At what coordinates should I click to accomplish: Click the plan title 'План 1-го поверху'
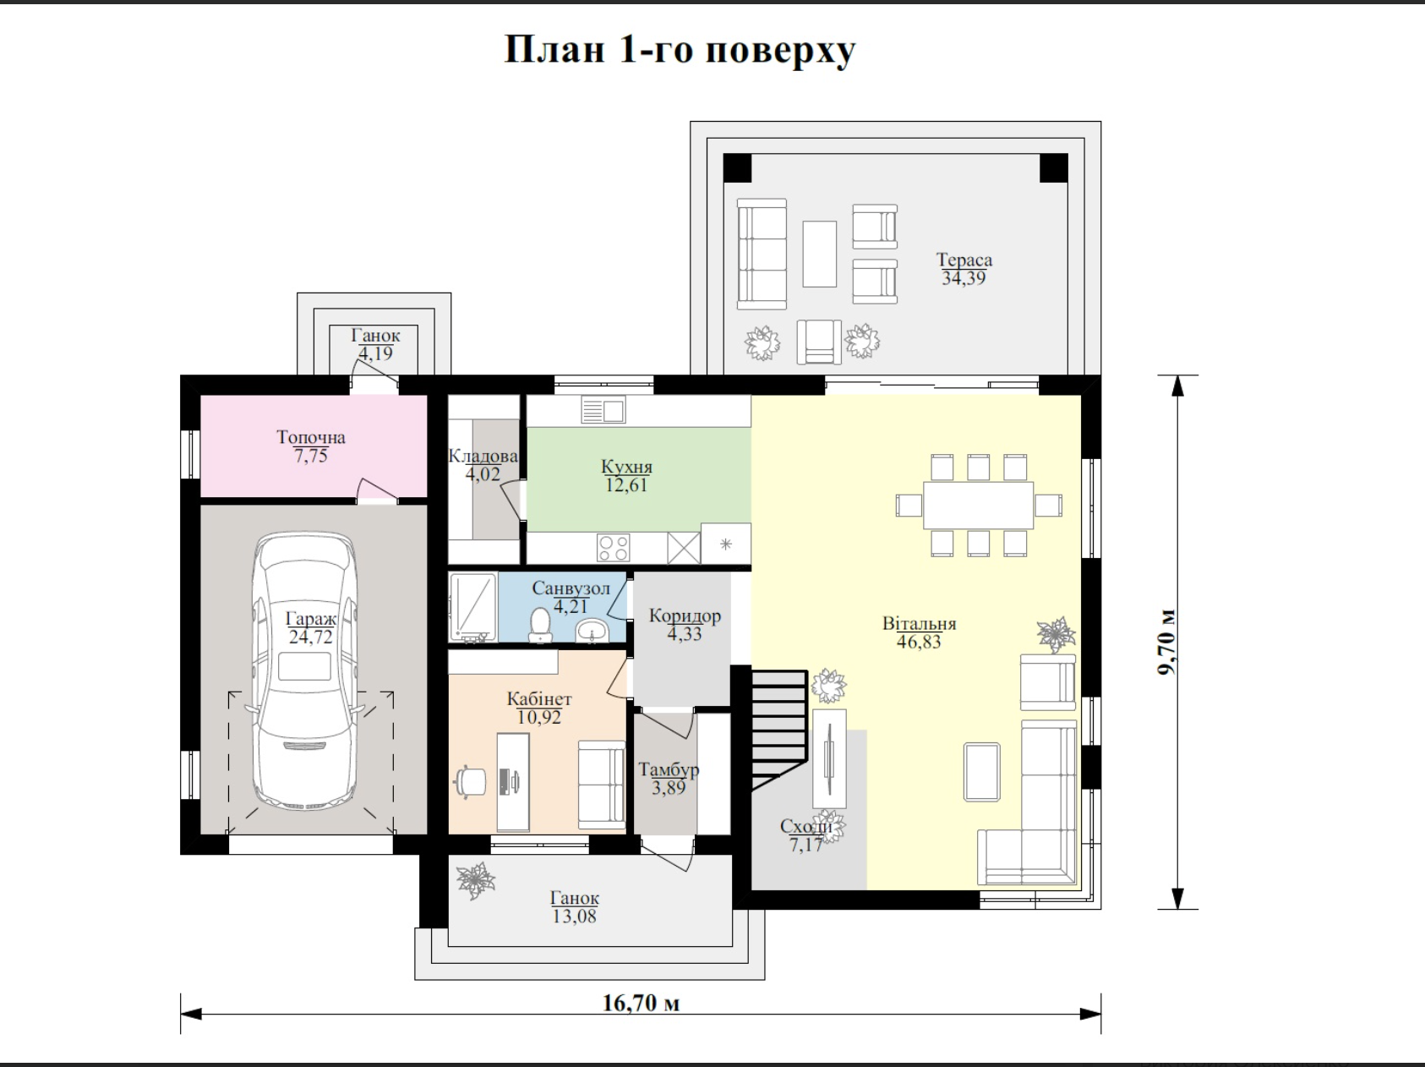(680, 50)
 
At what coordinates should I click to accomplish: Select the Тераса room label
(964, 260)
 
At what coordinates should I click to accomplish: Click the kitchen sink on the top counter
(603, 411)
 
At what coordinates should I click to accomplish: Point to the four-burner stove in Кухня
(613, 547)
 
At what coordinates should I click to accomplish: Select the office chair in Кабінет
(471, 781)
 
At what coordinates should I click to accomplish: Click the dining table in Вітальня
(978, 505)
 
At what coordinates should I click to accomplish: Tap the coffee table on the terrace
(819, 254)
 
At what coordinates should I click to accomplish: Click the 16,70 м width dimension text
(641, 1004)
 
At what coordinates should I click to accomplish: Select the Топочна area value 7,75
(310, 456)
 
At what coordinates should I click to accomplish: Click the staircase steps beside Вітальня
(778, 727)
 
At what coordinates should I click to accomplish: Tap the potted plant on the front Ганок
(476, 880)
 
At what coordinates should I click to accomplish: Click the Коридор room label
(685, 616)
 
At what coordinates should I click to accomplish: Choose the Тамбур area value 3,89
(668, 788)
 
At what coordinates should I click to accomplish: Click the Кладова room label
(483, 457)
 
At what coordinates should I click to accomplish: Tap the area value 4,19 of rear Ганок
(375, 353)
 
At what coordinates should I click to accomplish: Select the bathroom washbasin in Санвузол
(592, 630)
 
